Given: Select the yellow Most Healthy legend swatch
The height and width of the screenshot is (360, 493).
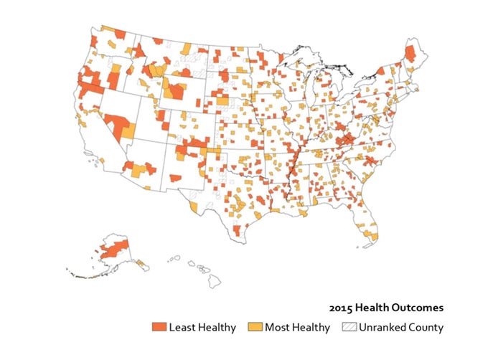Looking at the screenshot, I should pos(255,328).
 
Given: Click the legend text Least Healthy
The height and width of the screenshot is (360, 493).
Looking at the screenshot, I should pos(202,328).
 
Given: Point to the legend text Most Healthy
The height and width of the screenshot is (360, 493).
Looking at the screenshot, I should pos(297,328).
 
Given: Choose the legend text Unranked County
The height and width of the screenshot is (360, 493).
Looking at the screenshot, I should pos(402,328).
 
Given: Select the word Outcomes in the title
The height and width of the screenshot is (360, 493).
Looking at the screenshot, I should pos(418,308).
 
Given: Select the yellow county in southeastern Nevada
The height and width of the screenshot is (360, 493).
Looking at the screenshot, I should pos(128,132).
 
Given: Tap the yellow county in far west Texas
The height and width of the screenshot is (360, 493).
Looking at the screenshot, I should pos(193,207).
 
